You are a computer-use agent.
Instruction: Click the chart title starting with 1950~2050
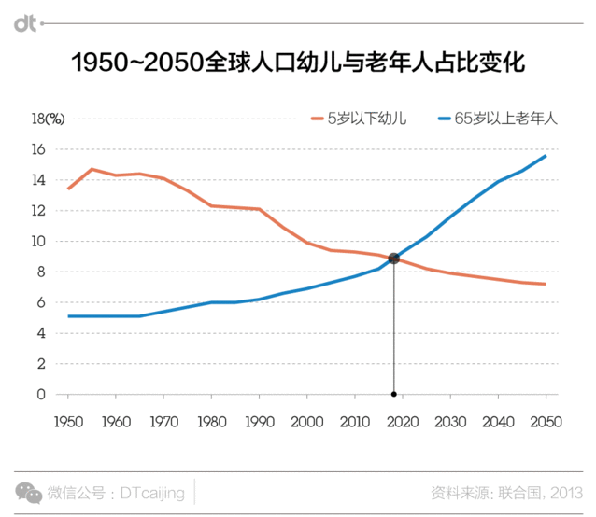click(x=298, y=63)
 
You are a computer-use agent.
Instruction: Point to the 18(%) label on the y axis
click(x=46, y=119)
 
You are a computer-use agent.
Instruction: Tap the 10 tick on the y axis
click(x=39, y=241)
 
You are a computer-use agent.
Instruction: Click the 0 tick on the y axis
click(x=41, y=395)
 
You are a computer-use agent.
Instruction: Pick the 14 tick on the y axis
click(x=39, y=180)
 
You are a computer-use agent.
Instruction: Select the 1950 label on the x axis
click(x=68, y=422)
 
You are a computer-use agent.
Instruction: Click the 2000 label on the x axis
click(x=306, y=422)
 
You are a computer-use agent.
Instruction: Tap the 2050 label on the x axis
click(x=546, y=422)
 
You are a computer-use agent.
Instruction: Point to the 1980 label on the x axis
click(x=211, y=422)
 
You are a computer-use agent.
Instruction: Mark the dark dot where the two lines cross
click(x=394, y=258)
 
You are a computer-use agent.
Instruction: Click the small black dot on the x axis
click(x=394, y=395)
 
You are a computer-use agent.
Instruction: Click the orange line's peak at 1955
click(x=92, y=169)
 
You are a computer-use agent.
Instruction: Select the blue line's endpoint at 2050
click(x=546, y=156)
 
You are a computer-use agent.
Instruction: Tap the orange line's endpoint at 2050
click(x=546, y=284)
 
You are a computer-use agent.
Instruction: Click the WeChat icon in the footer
click(x=32, y=492)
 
